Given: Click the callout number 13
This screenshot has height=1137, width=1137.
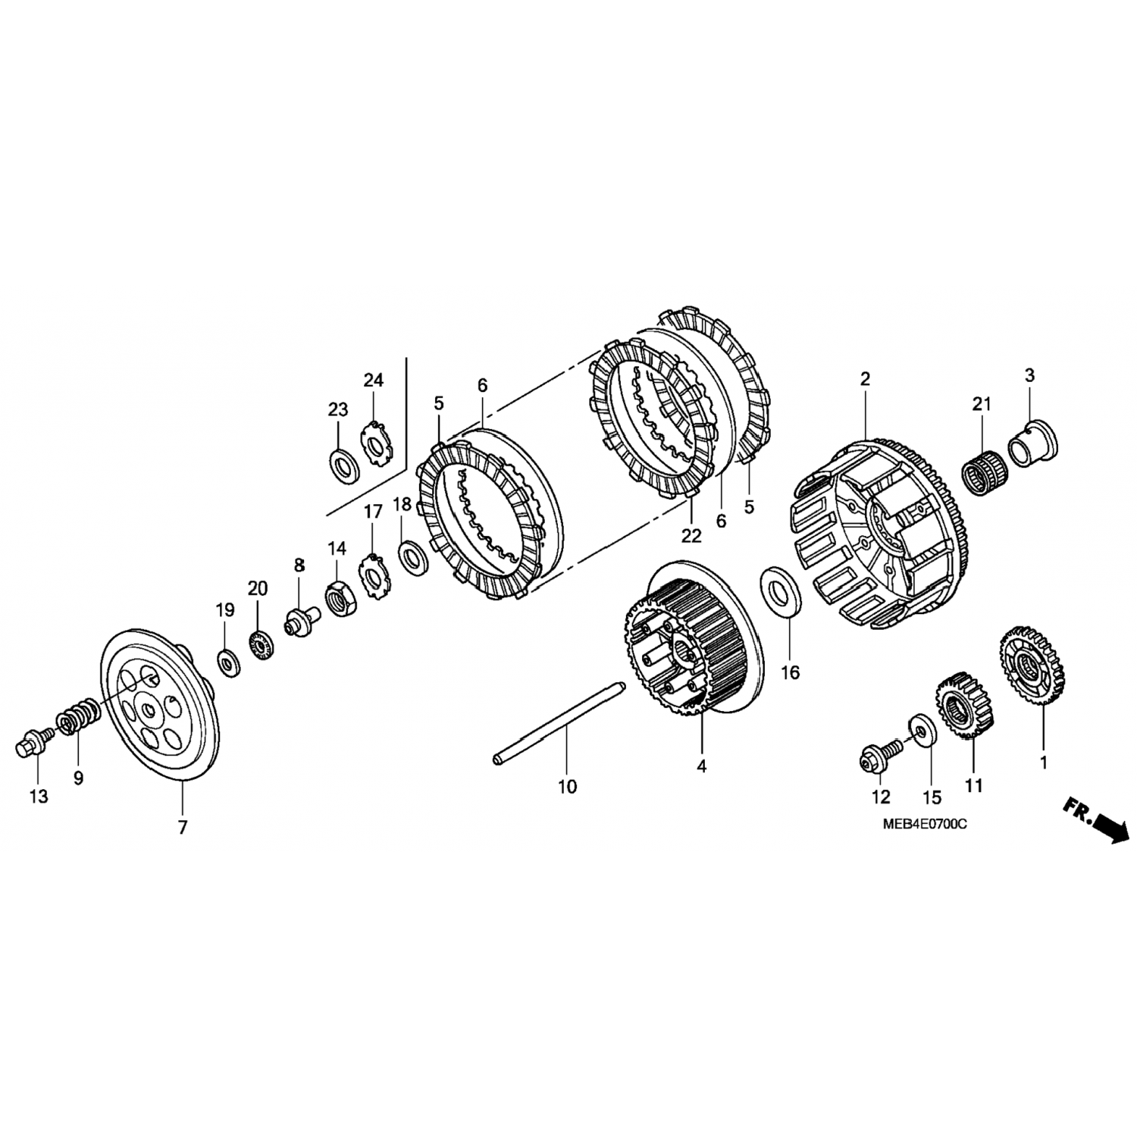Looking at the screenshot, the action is (x=38, y=796).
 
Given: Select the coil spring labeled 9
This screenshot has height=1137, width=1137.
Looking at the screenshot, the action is (x=78, y=717).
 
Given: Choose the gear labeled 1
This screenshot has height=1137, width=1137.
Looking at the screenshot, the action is (x=1032, y=666).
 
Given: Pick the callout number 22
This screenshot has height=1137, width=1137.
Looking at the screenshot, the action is (x=691, y=535).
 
